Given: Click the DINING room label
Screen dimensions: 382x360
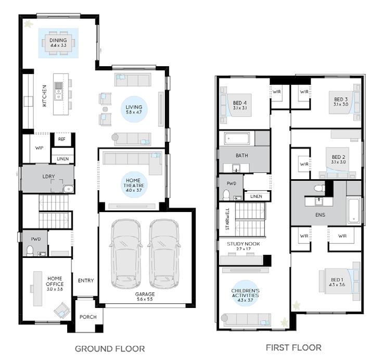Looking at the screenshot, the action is pyautogui.click(x=58, y=42).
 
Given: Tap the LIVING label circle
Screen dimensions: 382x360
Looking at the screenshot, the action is pyautogui.click(x=134, y=109).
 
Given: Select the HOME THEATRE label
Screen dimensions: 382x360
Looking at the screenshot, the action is pyautogui.click(x=133, y=185).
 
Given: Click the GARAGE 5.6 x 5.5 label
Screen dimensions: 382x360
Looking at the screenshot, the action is pyautogui.click(x=145, y=296).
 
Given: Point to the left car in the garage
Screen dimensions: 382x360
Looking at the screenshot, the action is pyautogui.click(x=126, y=254).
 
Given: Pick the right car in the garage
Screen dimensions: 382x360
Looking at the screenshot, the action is pyautogui.click(x=164, y=254).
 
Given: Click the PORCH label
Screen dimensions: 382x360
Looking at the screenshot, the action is pyautogui.click(x=88, y=317).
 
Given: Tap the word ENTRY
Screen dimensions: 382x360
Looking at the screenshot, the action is pyautogui.click(x=86, y=280).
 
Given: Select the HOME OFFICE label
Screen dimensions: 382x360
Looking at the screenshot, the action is pyautogui.click(x=55, y=283).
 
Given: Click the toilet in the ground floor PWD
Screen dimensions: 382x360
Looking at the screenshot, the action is pyautogui.click(x=30, y=251).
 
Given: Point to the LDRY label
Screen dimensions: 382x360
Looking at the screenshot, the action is pyautogui.click(x=48, y=176).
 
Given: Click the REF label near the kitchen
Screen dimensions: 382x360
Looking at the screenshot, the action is pyautogui.click(x=61, y=139).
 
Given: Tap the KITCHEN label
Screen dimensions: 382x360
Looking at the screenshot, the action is pyautogui.click(x=44, y=96).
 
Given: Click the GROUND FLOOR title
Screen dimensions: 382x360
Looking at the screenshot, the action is pyautogui.click(x=110, y=349).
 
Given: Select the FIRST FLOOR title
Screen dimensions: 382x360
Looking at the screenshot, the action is pyautogui.click(x=294, y=347).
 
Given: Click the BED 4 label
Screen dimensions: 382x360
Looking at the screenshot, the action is pyautogui.click(x=240, y=105).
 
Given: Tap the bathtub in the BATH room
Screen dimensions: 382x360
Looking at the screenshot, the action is pyautogui.click(x=237, y=139).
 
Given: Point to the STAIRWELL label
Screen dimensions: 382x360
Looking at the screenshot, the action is pyautogui.click(x=227, y=219).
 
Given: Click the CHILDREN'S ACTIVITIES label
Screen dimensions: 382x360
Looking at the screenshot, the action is pyautogui.click(x=245, y=295).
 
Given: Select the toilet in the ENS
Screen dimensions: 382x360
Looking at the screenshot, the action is pyautogui.click(x=320, y=188).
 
